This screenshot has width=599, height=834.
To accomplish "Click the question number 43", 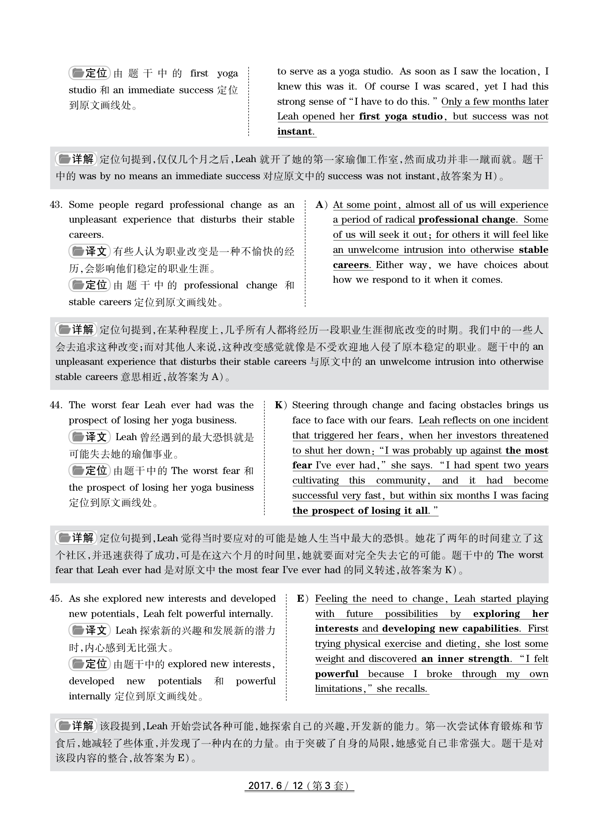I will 56,205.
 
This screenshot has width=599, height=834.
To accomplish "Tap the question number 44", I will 56,405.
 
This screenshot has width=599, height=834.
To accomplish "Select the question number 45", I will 56,599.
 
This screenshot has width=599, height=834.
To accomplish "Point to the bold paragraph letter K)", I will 280,405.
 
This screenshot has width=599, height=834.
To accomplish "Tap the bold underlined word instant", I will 295,131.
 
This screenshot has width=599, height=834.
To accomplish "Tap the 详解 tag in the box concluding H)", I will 76,159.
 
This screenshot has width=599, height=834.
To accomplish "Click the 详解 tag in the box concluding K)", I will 76,538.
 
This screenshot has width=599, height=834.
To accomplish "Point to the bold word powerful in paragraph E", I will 337,674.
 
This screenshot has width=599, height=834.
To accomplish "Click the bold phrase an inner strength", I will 465,659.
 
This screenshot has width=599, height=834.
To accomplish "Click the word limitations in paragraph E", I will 339,689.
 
